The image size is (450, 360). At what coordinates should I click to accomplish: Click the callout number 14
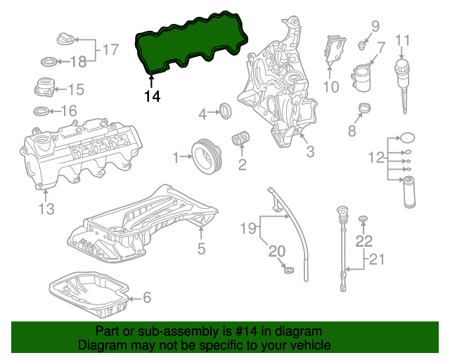point(153,96)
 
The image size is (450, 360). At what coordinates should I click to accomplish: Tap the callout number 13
point(46,209)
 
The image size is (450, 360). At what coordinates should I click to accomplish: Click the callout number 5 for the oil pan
point(201,247)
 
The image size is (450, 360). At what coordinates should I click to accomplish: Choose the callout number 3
point(309,151)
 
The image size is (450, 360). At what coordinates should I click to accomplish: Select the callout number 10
point(330,87)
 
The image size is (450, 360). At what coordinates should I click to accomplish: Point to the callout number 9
point(375,27)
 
